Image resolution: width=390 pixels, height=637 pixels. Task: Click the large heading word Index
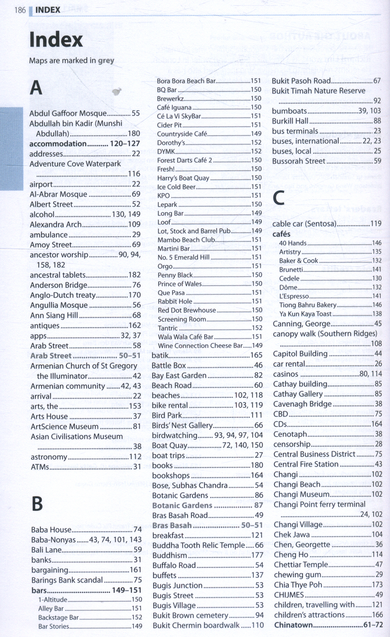click(x=56, y=40)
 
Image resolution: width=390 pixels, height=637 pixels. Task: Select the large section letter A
click(x=36, y=88)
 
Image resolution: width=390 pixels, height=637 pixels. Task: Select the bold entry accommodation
click(x=58, y=144)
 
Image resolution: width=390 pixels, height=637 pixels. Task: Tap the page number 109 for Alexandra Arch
click(x=134, y=224)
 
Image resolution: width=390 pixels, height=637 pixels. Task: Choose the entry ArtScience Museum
click(x=65, y=426)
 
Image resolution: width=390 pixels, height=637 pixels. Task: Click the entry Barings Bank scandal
click(x=67, y=580)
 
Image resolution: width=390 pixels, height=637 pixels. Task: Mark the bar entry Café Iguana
click(x=174, y=107)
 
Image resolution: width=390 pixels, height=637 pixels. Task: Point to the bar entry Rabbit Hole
click(x=171, y=301)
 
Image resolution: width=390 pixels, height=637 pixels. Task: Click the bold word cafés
click(x=282, y=234)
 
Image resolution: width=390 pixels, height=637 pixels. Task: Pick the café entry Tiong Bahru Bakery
click(x=308, y=305)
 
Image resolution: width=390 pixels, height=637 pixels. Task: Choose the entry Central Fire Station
click(x=306, y=464)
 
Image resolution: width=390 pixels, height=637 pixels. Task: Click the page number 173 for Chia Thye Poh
click(x=377, y=585)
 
